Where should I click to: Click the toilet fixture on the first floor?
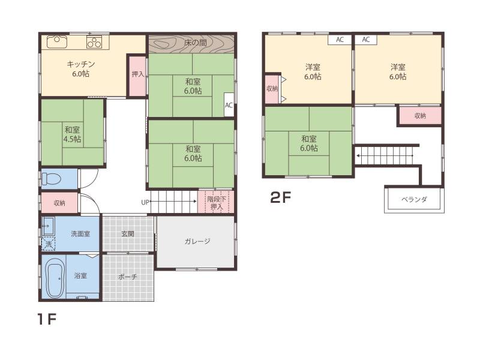(51, 179)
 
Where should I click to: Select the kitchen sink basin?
(57, 42)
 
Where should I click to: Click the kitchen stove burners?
(94, 42)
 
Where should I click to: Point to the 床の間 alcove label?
(196, 43)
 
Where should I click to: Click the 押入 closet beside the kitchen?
(137, 76)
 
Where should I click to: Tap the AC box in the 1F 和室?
(229, 104)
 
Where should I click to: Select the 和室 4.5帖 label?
(72, 134)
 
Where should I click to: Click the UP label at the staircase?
(145, 202)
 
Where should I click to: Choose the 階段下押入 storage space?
(216, 202)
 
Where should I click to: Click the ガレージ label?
(197, 241)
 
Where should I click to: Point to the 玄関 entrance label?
(128, 234)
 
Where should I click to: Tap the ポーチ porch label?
(127, 277)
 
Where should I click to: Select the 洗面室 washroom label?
(80, 234)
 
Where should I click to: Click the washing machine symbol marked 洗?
(49, 244)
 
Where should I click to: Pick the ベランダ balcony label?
(414, 200)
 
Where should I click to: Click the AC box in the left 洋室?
(340, 40)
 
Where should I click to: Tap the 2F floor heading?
(280, 197)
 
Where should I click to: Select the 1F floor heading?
(47, 319)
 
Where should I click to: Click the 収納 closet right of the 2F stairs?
(420, 115)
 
